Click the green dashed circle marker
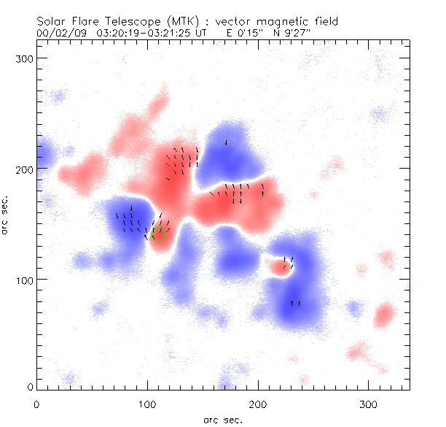[160, 234]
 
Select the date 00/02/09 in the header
[58, 34]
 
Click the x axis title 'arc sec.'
[222, 419]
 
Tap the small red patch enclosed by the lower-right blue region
[279, 266]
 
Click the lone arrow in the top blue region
[226, 142]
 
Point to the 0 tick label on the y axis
[28, 387]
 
